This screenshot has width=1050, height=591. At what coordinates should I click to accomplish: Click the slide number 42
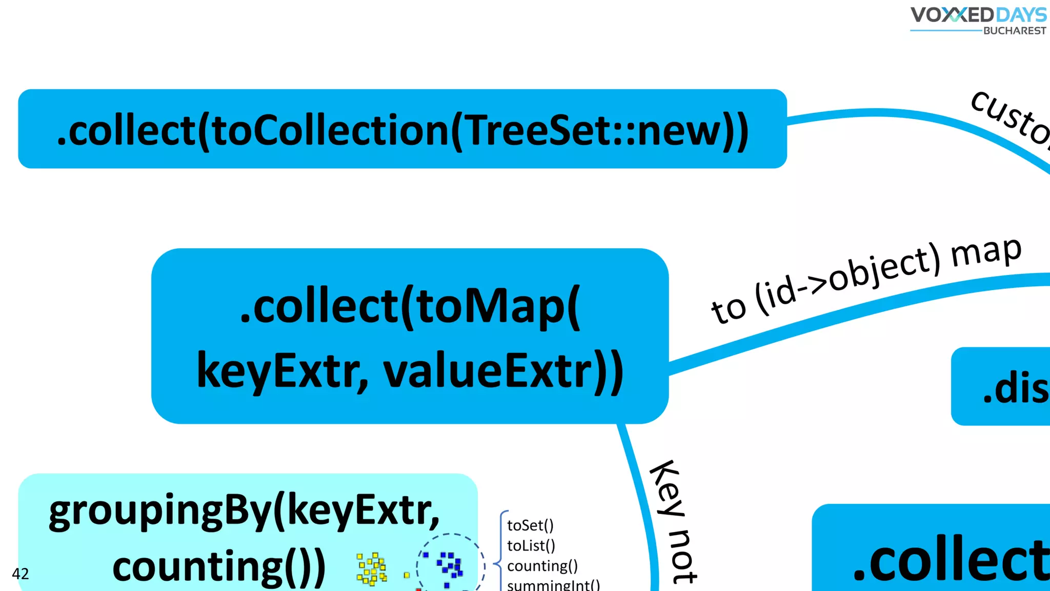click(21, 574)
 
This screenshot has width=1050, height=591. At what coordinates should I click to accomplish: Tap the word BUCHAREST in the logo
click(1015, 31)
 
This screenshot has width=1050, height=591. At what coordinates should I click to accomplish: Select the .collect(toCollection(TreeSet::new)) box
click(402, 129)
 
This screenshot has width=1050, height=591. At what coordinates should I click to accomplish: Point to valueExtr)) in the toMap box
click(503, 370)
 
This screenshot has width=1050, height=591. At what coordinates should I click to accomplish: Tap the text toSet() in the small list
click(530, 525)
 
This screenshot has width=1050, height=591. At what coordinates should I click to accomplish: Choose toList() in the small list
click(531, 545)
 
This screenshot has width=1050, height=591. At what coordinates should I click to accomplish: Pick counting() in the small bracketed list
click(542, 566)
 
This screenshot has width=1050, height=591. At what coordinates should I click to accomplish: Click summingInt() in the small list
click(553, 585)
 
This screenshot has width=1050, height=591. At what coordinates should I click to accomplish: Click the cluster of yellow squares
click(372, 568)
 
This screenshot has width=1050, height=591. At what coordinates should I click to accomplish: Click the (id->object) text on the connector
click(849, 280)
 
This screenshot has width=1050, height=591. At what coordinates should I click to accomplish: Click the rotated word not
click(683, 557)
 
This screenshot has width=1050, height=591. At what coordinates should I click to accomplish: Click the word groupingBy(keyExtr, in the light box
click(245, 510)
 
